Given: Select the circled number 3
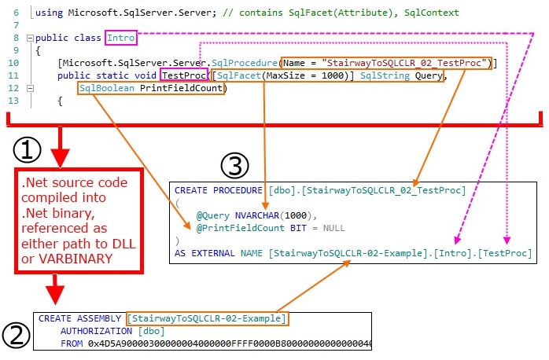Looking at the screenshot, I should click(x=235, y=165).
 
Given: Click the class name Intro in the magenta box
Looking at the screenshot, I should click(x=121, y=37).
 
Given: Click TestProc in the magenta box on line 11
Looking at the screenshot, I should click(x=184, y=75).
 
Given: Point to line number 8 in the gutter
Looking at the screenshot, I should click(x=16, y=37).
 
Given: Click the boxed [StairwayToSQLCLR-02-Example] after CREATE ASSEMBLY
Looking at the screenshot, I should click(x=208, y=319).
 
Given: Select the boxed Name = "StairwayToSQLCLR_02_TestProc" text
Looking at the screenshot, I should click(x=386, y=63).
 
